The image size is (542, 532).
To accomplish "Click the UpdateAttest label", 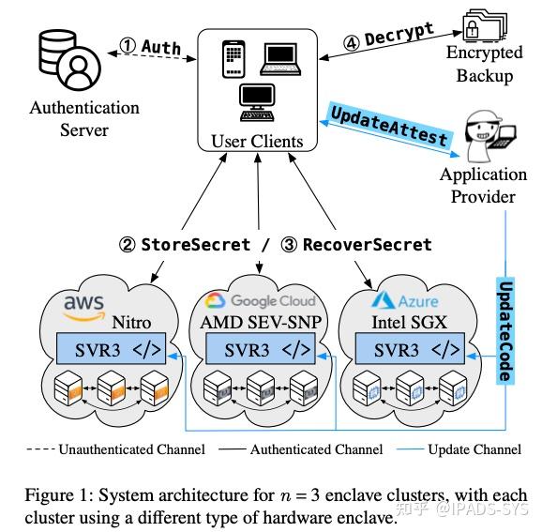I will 388,125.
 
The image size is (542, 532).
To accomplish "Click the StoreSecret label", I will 196,245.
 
